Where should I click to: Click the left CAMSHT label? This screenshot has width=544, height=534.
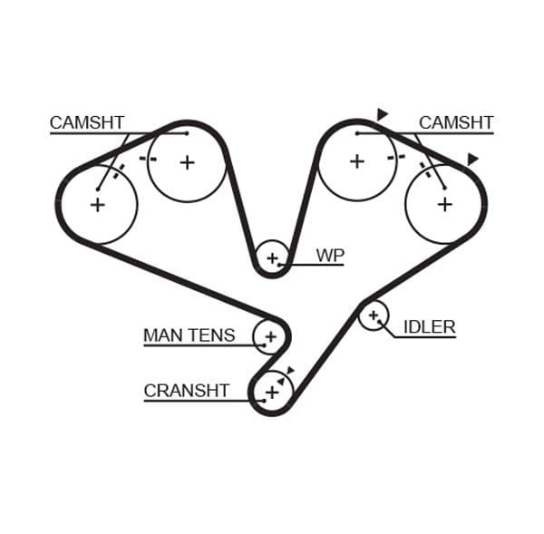point(87,122)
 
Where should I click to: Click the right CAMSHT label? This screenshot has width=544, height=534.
point(456,122)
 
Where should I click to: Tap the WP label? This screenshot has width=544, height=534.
point(330,256)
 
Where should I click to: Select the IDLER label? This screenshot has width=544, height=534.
point(429,327)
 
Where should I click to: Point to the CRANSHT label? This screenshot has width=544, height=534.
point(187,391)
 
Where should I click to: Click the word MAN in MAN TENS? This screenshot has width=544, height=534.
point(162,335)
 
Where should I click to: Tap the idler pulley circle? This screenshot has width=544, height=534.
point(373,316)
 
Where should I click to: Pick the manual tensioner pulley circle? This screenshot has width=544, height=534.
point(269,336)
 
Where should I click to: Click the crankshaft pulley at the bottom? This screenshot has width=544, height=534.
point(271,392)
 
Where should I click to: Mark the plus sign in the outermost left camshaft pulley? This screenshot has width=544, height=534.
point(97,204)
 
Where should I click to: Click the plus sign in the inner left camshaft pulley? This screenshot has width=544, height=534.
point(187,162)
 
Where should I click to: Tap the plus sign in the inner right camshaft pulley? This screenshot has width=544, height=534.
point(357,161)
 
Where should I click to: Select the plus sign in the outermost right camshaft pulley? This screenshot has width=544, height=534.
point(444,204)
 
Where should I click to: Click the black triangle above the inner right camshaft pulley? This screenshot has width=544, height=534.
point(383,114)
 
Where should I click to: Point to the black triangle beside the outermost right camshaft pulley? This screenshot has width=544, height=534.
point(471,160)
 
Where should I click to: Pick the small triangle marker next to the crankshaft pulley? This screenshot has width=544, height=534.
point(290,370)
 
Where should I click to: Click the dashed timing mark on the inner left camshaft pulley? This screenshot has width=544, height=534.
point(148,159)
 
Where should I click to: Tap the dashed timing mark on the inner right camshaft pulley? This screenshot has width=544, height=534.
point(394,158)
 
